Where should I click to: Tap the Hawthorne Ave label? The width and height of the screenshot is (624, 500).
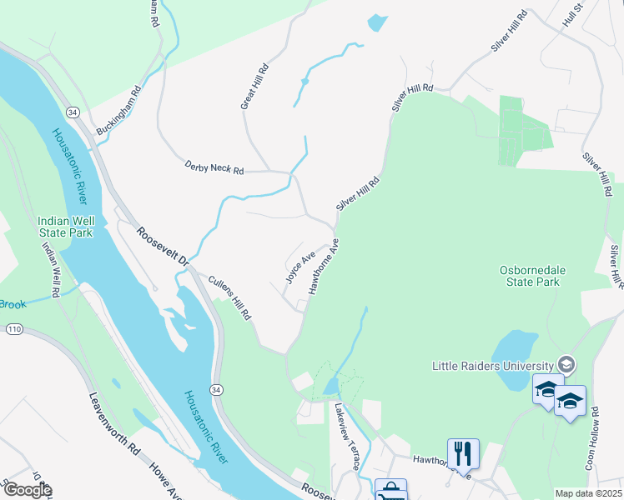tap(325, 267)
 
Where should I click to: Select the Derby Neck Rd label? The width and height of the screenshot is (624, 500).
tap(214, 169)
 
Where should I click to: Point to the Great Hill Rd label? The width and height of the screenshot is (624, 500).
tap(253, 86)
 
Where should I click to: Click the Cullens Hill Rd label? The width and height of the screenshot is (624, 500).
tap(229, 298)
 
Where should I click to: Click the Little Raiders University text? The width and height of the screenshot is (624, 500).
tap(492, 365)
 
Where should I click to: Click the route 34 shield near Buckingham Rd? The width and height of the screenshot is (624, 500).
tap(73, 112)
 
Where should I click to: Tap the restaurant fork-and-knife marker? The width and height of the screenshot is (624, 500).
tap(463, 453)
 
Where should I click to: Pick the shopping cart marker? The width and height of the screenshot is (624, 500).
tap(390, 492)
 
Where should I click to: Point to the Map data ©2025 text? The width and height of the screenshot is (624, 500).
tap(588, 493)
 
